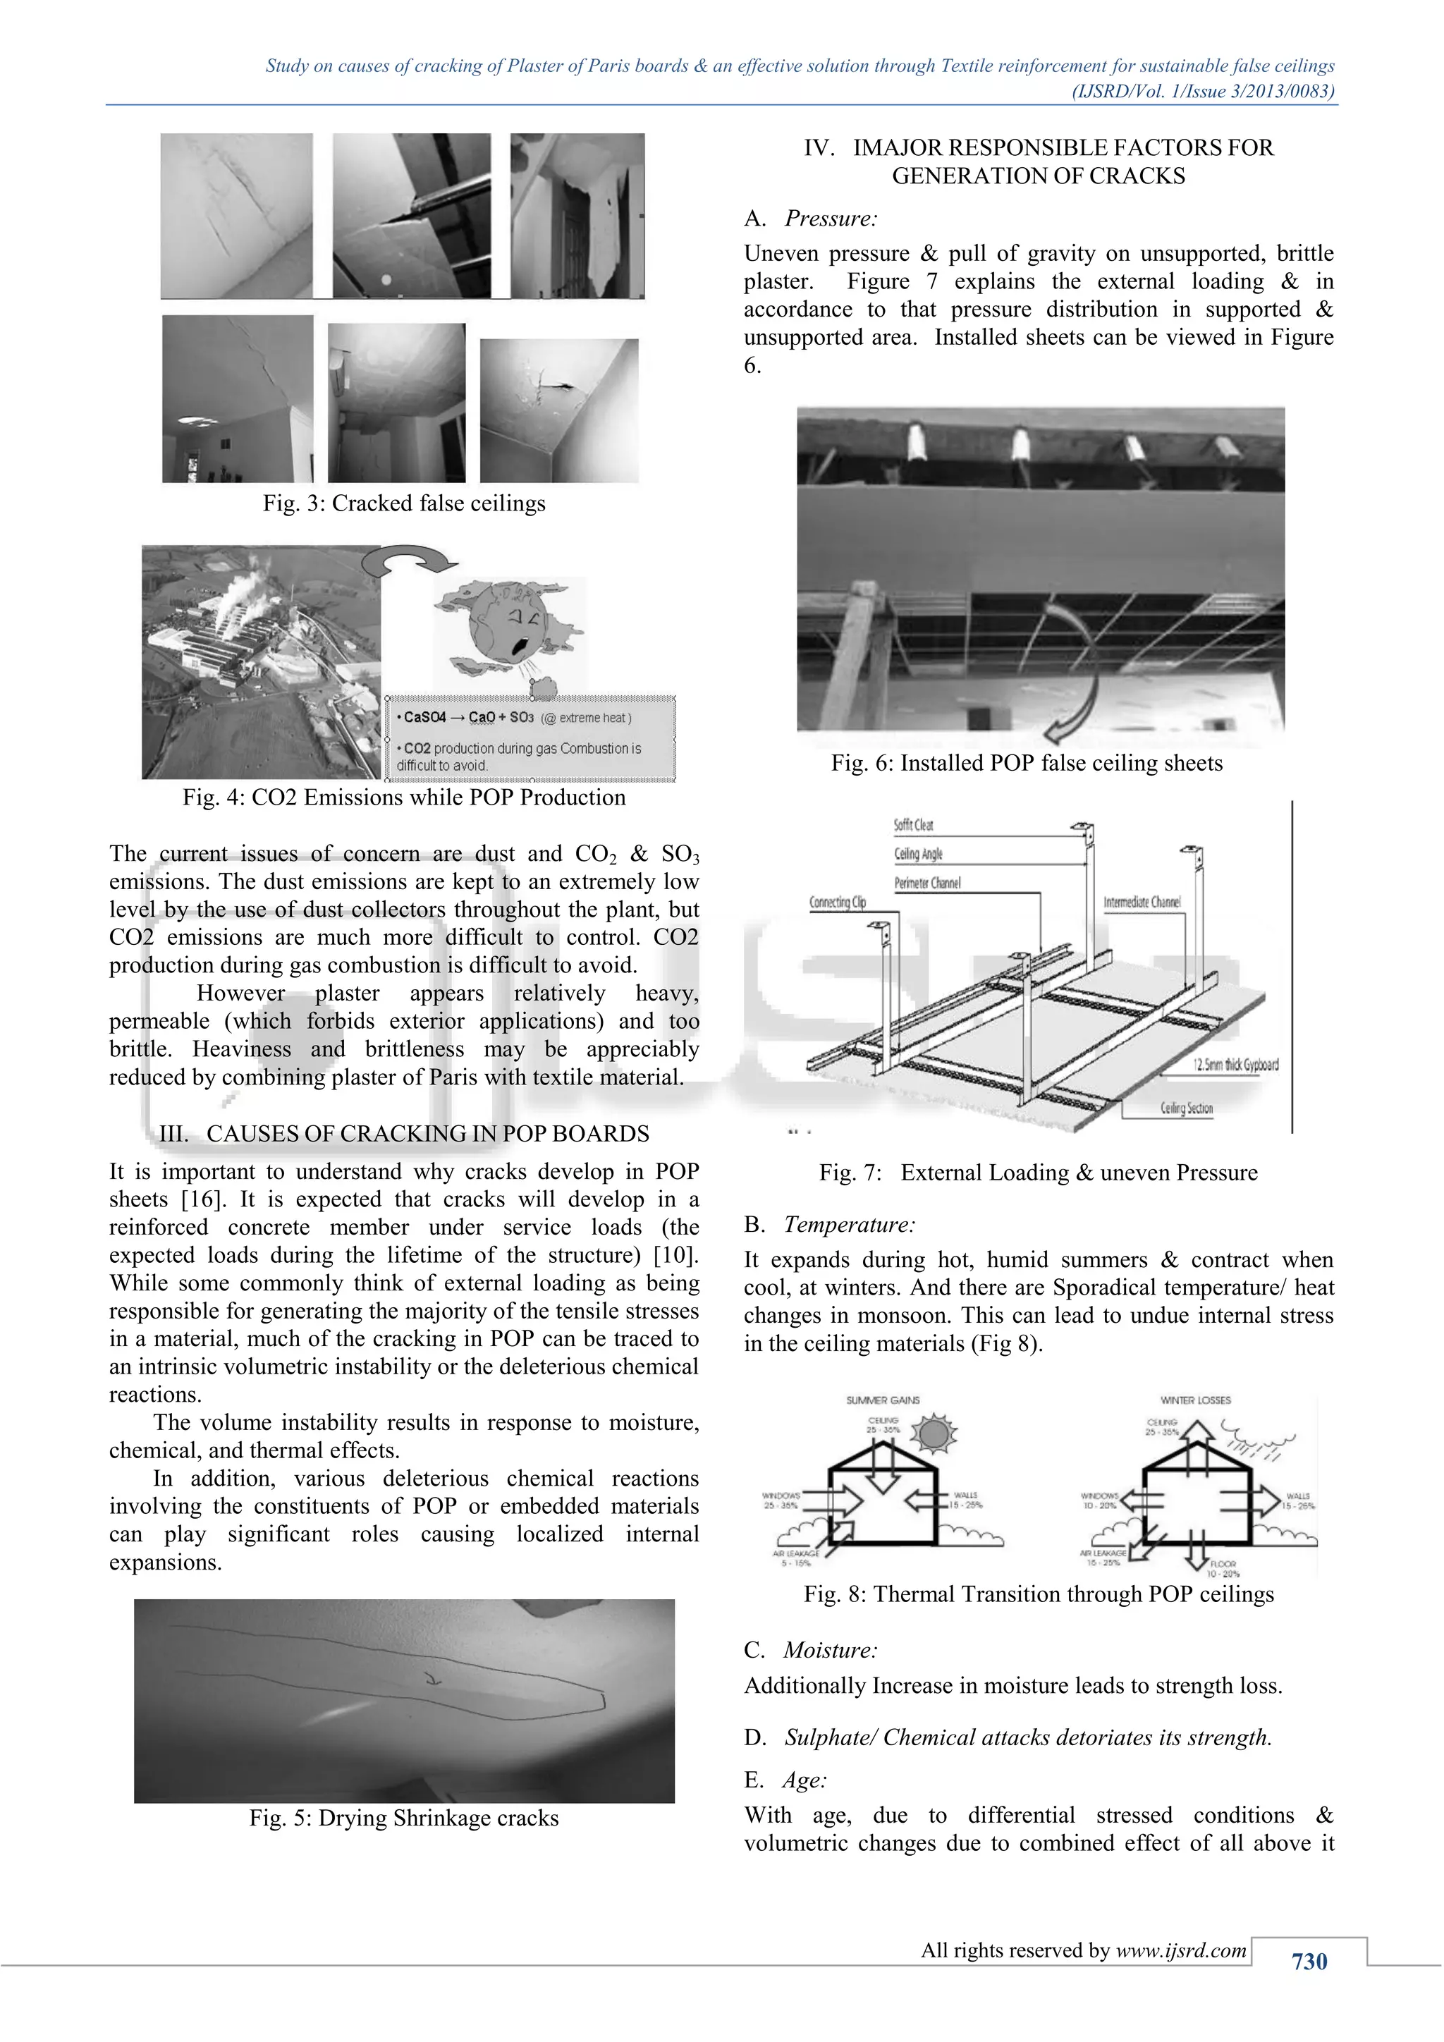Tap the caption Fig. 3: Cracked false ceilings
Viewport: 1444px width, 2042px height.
[x=404, y=503]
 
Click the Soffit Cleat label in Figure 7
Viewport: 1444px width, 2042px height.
[x=913, y=824]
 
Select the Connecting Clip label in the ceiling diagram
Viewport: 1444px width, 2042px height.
[x=837, y=902]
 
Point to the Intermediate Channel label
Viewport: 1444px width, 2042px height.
[x=1142, y=902]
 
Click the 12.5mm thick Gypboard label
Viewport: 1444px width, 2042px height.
[x=1235, y=1065]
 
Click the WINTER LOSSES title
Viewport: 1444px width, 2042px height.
[x=1195, y=1400]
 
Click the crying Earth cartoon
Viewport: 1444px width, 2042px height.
[x=508, y=626]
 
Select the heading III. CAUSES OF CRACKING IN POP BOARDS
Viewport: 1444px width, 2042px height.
[x=404, y=1134]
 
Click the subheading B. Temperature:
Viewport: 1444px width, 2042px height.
[x=830, y=1225]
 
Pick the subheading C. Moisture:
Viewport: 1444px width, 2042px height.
[x=811, y=1650]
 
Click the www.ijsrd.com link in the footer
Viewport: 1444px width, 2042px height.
[x=1181, y=1950]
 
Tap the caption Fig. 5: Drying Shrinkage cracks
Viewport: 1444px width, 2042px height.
[x=404, y=1818]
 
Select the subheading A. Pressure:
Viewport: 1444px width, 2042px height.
[x=811, y=219]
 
